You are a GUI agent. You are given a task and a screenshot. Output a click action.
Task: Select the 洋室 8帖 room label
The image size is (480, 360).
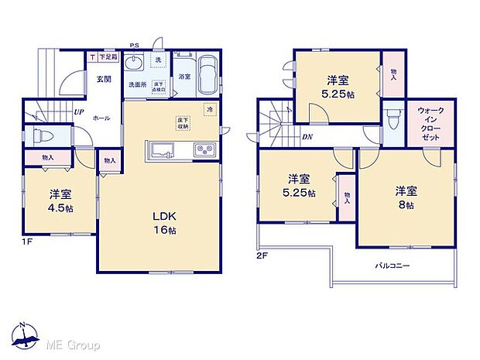405,198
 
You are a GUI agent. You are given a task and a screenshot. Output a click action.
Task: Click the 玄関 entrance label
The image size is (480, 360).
105,77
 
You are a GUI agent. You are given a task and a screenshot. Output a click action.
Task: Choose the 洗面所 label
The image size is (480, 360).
137,84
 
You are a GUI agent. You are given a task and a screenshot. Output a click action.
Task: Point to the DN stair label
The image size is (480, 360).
307,138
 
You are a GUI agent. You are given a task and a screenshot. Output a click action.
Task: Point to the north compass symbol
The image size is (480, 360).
26,334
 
